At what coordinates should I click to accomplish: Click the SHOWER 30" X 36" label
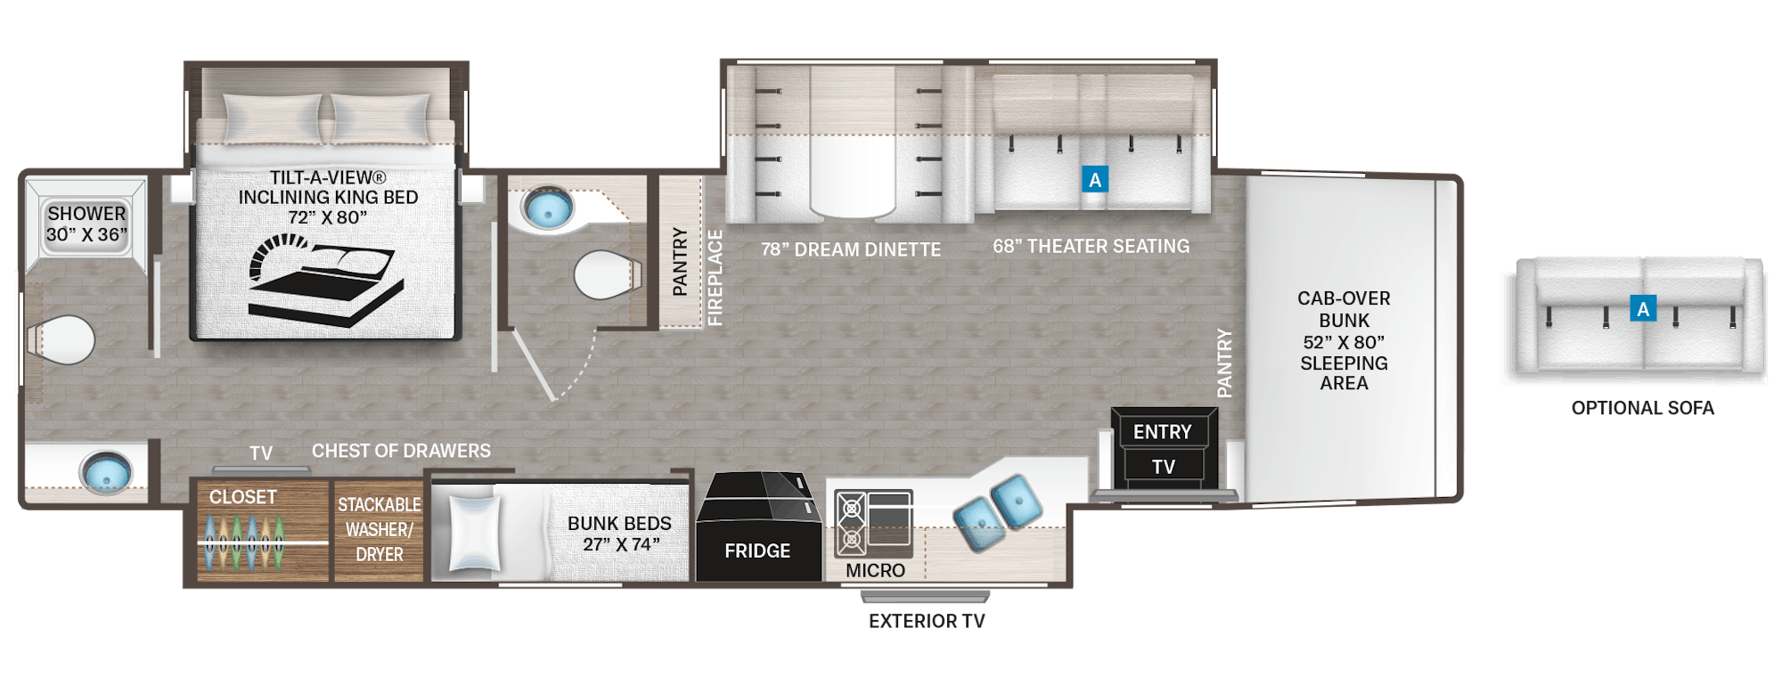(x=86, y=224)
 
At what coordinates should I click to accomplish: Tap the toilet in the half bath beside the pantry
(x=607, y=275)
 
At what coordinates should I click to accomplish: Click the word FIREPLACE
(x=715, y=278)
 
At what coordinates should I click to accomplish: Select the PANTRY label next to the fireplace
(x=680, y=261)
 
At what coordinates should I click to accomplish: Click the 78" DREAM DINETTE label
(x=851, y=249)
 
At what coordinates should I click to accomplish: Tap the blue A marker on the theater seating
(x=1095, y=179)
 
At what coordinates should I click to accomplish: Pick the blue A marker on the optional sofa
(x=1643, y=308)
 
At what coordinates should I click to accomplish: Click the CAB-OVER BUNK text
(x=1344, y=309)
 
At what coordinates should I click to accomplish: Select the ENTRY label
(x=1162, y=432)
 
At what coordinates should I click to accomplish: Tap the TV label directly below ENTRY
(x=1164, y=467)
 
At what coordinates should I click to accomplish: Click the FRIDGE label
(x=757, y=550)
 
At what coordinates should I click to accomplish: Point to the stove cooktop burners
(x=851, y=523)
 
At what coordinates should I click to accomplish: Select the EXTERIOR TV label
(x=927, y=621)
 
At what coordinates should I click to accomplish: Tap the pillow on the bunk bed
(x=474, y=533)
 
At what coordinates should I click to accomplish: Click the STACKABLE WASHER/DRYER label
(x=380, y=529)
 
